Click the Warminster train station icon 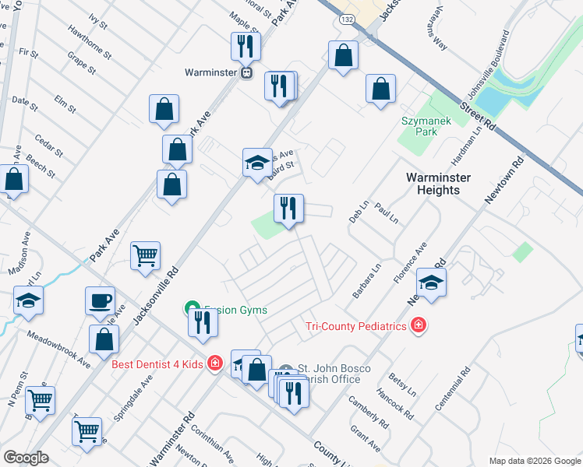click(x=246, y=73)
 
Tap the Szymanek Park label click(x=421, y=126)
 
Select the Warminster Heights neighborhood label click(x=438, y=184)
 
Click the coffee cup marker click(x=101, y=301)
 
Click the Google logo click(x=26, y=458)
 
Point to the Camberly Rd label click(x=368, y=412)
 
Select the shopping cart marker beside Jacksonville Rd click(x=145, y=255)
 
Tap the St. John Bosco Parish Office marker click(x=285, y=370)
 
